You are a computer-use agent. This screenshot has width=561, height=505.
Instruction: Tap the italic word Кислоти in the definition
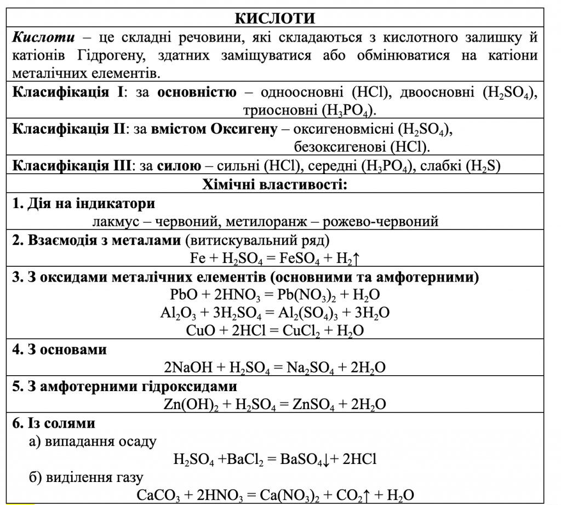[x=38, y=38]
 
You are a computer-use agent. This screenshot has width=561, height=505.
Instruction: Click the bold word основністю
[x=197, y=92]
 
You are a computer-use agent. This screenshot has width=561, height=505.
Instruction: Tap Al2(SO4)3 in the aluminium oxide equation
[x=319, y=313]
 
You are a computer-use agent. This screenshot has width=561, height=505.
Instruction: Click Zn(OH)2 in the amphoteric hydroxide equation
[x=187, y=404]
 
